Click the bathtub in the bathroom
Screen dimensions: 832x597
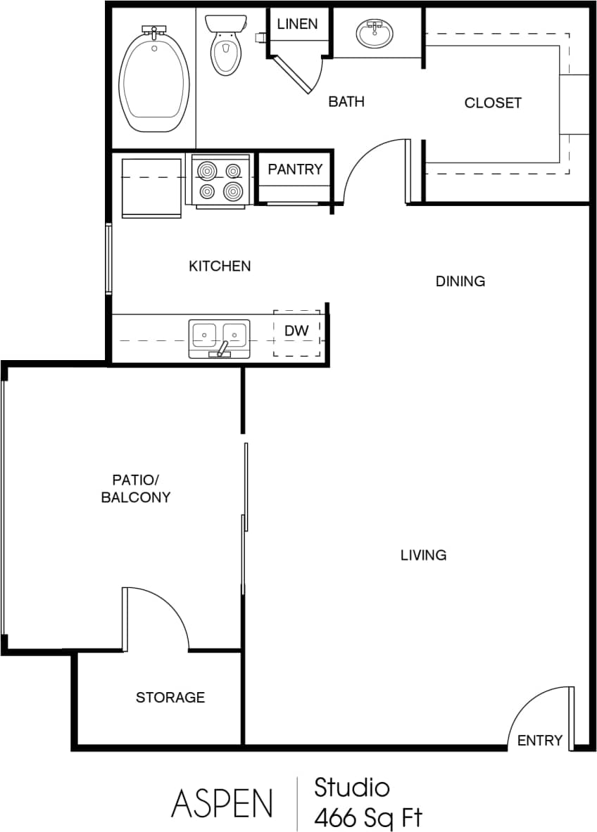pos(155,79)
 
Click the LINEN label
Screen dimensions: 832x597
pos(296,24)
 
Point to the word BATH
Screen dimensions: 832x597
pos(346,102)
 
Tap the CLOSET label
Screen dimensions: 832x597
pos(493,103)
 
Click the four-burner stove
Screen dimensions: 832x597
pos(220,181)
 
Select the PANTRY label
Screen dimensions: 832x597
pos(295,169)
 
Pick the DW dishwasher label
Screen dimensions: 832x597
pos(296,331)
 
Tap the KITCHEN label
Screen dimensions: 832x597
pos(220,266)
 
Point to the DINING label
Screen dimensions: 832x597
pos(460,281)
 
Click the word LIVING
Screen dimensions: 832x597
pos(423,555)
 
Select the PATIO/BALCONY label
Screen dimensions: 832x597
pos(136,489)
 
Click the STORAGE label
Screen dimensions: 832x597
pos(170,697)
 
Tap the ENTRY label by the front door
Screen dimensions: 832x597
pos(540,740)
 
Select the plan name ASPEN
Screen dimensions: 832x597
pos(221,802)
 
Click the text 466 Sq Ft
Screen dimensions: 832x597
pos(368,818)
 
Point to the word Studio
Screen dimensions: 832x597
pos(352,787)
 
